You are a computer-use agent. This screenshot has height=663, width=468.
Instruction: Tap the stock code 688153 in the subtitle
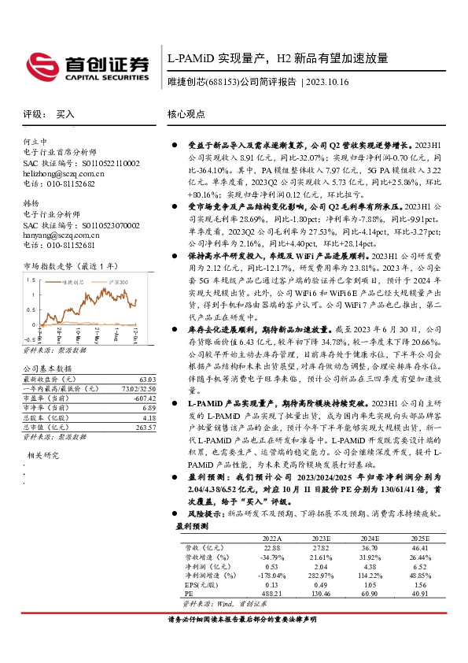coord(226,81)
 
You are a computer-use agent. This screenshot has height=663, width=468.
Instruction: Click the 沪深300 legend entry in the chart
coord(117,281)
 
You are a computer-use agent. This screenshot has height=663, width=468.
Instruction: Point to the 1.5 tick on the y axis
coord(29,279)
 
